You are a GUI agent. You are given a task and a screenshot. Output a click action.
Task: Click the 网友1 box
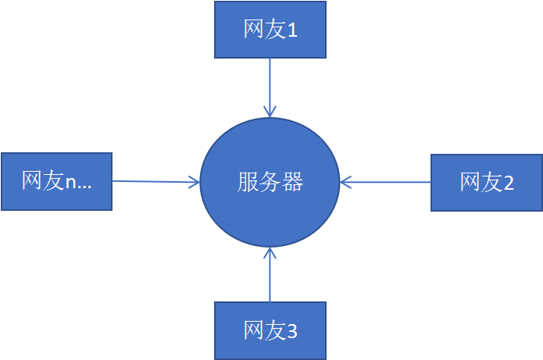[270, 30]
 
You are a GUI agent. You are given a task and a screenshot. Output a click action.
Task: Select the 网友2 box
[486, 182]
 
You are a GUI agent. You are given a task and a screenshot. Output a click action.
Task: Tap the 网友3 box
[270, 330]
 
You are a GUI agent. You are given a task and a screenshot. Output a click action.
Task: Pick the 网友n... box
[56, 181]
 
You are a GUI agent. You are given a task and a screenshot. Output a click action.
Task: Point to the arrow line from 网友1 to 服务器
[270, 82]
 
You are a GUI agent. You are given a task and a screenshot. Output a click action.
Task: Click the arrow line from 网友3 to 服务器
[270, 277]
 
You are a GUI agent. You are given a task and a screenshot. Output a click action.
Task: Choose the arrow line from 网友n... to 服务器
[152, 182]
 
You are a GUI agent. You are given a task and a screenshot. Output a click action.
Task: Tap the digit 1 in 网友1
[293, 30]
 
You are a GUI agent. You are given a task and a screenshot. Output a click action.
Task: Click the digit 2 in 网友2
[509, 183]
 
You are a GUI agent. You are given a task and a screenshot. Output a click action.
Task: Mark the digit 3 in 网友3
[292, 331]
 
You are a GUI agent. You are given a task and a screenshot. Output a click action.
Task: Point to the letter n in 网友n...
[70, 184]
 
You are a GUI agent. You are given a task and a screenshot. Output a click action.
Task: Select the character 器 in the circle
[291, 183]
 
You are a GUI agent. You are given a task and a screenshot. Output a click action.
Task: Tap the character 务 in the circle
[270, 183]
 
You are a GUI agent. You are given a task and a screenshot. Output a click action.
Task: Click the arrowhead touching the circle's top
[270, 112]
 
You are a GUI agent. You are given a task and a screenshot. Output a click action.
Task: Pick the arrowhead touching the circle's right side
[346, 183]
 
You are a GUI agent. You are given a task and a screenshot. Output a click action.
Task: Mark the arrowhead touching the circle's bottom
[270, 252]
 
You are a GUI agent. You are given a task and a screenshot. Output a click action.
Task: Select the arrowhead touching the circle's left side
[193, 183]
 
